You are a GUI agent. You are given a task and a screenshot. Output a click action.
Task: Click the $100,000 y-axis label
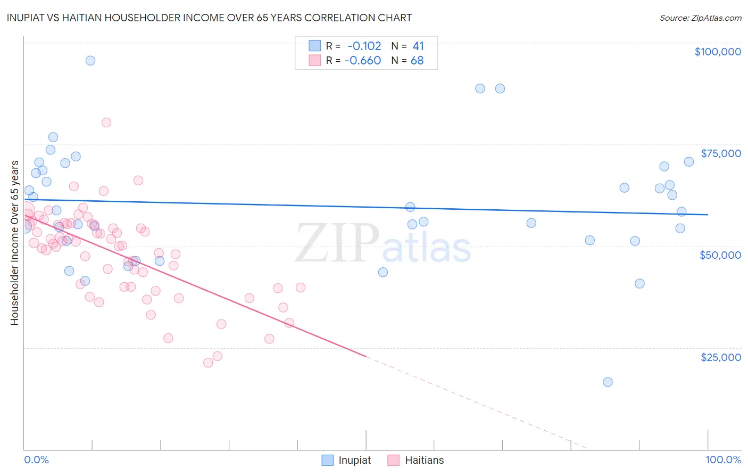click(x=717, y=52)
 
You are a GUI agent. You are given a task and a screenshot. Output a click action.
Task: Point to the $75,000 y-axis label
click(x=720, y=153)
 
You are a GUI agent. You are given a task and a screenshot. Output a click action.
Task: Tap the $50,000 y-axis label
click(x=720, y=255)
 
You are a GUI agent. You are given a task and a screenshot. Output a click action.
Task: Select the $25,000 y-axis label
click(x=720, y=357)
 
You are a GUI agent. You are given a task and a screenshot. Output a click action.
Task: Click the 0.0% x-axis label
click(x=36, y=460)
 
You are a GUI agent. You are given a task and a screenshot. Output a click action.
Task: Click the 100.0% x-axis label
click(x=723, y=460)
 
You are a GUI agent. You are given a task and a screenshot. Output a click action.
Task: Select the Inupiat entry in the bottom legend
click(x=346, y=460)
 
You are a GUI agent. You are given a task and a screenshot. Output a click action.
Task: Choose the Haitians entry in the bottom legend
click(x=415, y=460)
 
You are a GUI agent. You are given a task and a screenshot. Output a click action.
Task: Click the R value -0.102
click(x=364, y=46)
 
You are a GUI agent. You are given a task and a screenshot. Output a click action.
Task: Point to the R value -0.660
click(x=362, y=61)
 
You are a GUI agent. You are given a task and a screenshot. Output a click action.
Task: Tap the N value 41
click(x=418, y=46)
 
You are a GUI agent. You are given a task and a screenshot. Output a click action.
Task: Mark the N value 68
click(x=417, y=61)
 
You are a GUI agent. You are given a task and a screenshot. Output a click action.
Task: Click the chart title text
click(x=209, y=18)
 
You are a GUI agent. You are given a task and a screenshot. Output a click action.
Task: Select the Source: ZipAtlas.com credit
click(x=700, y=18)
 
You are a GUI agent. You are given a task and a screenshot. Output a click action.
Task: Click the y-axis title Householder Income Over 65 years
click(x=14, y=243)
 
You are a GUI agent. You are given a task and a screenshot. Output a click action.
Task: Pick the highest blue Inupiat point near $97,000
click(x=90, y=61)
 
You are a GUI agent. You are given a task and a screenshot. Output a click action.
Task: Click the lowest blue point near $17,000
click(x=608, y=382)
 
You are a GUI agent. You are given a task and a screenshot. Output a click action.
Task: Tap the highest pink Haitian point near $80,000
click(x=106, y=122)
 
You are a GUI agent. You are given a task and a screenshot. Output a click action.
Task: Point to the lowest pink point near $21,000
click(x=208, y=363)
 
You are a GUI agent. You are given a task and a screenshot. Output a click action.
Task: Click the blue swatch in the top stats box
click(x=315, y=46)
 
